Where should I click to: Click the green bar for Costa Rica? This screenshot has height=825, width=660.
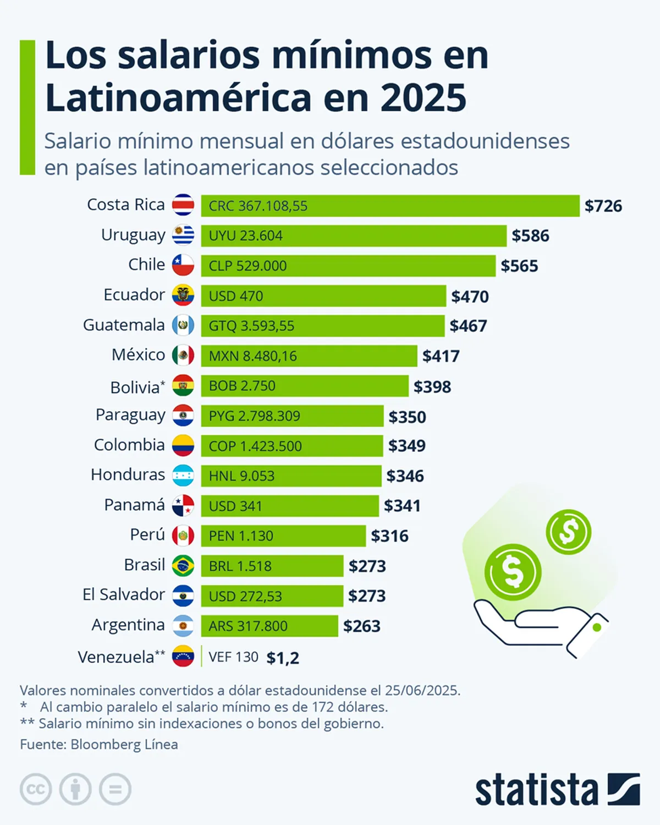click(389, 206)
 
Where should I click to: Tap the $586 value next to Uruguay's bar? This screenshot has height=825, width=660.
click(530, 236)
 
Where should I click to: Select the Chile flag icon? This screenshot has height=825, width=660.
click(183, 265)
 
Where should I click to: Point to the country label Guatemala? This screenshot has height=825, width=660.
click(124, 325)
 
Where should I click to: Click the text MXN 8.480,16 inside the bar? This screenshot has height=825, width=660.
click(252, 356)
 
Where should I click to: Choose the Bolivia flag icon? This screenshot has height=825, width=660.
click(183, 386)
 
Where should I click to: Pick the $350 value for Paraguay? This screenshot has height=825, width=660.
click(407, 417)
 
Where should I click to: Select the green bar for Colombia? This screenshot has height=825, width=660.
click(291, 446)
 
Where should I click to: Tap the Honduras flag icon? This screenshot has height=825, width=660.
click(183, 476)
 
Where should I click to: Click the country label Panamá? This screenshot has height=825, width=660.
click(134, 505)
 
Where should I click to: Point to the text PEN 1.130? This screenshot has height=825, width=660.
click(241, 536)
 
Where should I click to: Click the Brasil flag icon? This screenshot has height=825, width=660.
click(183, 566)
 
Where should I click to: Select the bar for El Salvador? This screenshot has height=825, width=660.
click(272, 596)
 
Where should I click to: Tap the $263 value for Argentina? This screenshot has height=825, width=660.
click(361, 626)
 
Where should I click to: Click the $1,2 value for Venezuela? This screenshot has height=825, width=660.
click(283, 658)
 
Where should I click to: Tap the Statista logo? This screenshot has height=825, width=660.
click(557, 790)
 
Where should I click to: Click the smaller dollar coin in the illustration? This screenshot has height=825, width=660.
click(568, 532)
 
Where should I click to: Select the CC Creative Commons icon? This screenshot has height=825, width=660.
click(36, 790)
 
